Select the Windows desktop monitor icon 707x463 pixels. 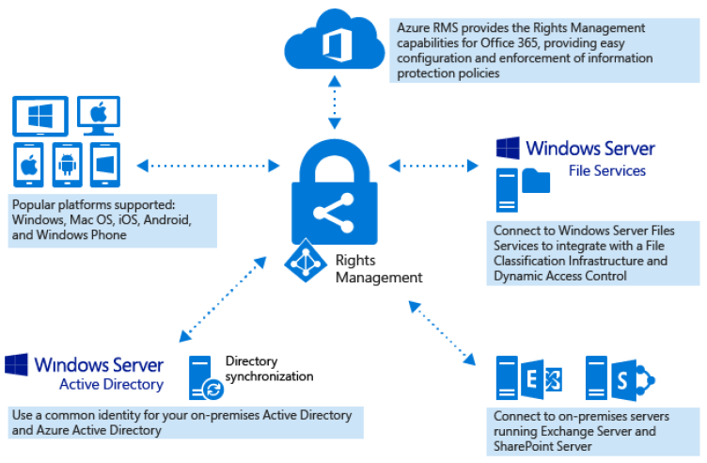pyautogui.click(x=39, y=118)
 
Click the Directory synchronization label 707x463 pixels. pyautogui.click(x=269, y=368)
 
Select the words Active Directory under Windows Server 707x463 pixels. pyautogui.click(x=111, y=385)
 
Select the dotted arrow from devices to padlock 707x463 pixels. pyautogui.click(x=208, y=166)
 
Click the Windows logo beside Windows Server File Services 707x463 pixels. pyautogui.click(x=509, y=148)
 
